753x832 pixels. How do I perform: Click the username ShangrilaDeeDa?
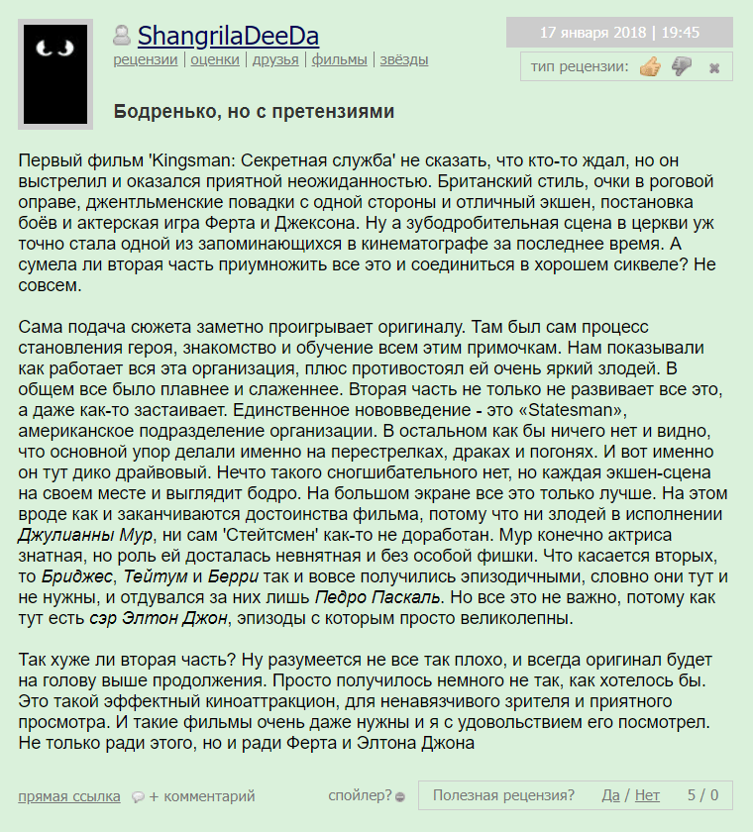pos(228,37)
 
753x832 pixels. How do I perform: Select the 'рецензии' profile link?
pos(146,59)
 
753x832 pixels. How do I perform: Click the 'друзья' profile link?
pos(275,59)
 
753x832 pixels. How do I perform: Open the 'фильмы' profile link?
pos(339,59)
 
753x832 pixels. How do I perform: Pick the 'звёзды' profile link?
pos(403,59)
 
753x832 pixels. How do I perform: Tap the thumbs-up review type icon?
pos(650,67)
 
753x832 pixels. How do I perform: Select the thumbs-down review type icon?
pos(682,67)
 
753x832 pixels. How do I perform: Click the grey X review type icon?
pos(713,68)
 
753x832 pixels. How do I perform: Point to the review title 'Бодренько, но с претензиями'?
pos(254,111)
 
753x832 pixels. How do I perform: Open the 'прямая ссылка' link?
pos(69,795)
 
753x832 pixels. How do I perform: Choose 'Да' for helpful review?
pos(610,794)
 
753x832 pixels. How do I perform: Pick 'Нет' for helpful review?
pos(647,794)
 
